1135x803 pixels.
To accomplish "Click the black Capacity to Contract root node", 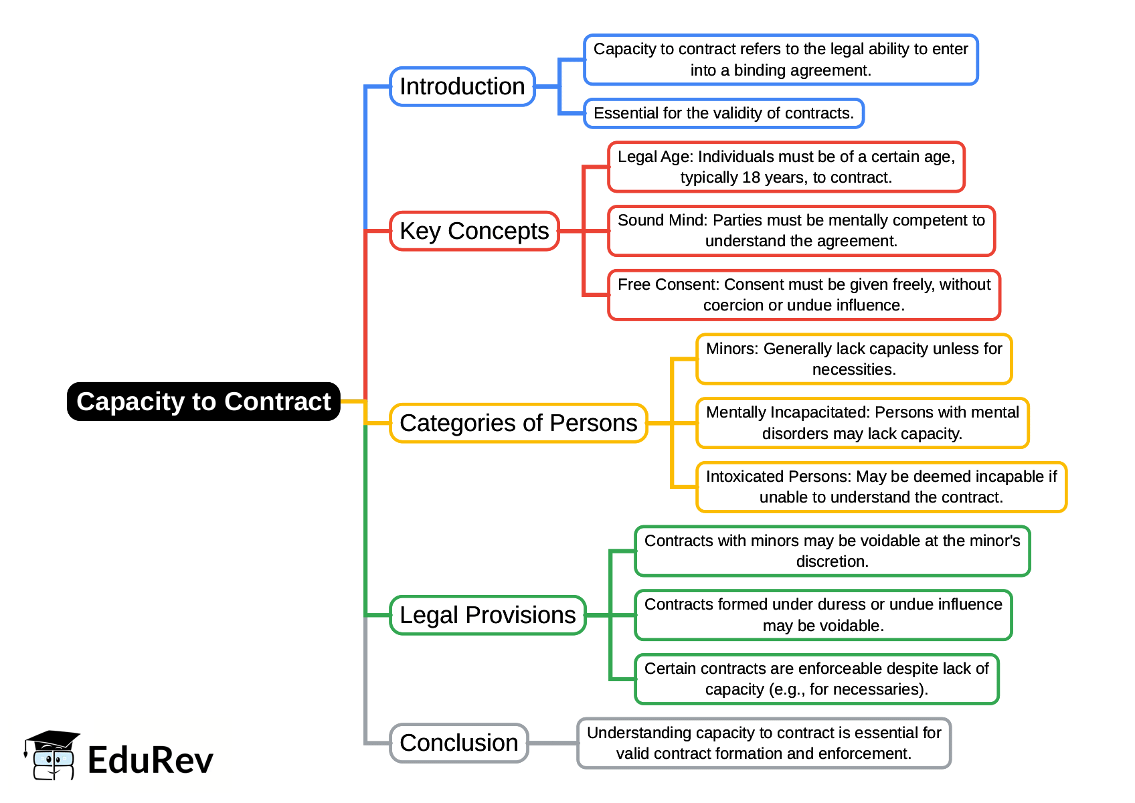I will click(203, 401).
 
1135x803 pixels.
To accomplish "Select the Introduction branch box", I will click(462, 86).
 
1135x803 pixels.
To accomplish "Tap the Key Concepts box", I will click(474, 231).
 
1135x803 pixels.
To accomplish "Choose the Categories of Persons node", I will click(518, 423).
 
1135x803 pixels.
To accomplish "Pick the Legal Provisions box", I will click(487, 615).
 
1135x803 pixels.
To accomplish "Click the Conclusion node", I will click(458, 743).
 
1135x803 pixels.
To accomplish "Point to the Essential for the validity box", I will click(723, 113).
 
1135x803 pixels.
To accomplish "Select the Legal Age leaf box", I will click(786, 167).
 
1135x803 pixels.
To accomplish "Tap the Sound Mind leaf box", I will click(801, 231).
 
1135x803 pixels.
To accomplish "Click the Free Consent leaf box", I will click(804, 295).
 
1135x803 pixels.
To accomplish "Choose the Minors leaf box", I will click(853, 359).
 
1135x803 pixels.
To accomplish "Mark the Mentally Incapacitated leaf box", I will click(862, 423).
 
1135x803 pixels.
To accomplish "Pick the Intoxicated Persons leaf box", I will click(881, 487).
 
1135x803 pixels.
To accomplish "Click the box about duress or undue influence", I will click(822, 615).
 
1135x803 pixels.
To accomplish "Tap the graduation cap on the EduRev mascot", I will click(52, 741).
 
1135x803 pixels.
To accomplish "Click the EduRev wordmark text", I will click(150, 761).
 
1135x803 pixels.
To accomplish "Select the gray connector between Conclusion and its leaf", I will click(553, 743).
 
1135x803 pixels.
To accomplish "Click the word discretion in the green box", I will click(831, 562).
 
